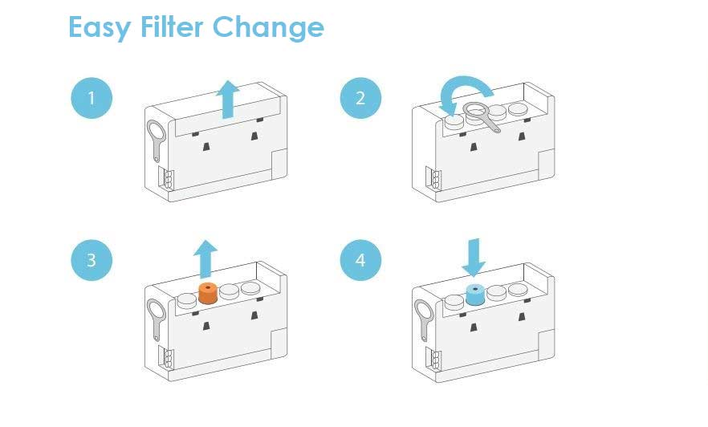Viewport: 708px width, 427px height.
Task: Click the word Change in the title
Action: coord(268,27)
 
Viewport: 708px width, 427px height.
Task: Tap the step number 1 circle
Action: coord(92,99)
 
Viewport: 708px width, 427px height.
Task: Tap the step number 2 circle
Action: coord(360,99)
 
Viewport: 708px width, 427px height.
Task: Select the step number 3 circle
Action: coord(92,261)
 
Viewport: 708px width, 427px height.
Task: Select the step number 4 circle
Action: coord(360,261)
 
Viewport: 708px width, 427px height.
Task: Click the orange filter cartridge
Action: coord(208,293)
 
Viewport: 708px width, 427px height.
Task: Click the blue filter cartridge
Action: coord(475,294)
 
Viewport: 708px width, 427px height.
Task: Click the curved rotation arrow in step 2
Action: coord(467,91)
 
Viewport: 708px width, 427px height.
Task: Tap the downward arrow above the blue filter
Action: coord(474,256)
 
